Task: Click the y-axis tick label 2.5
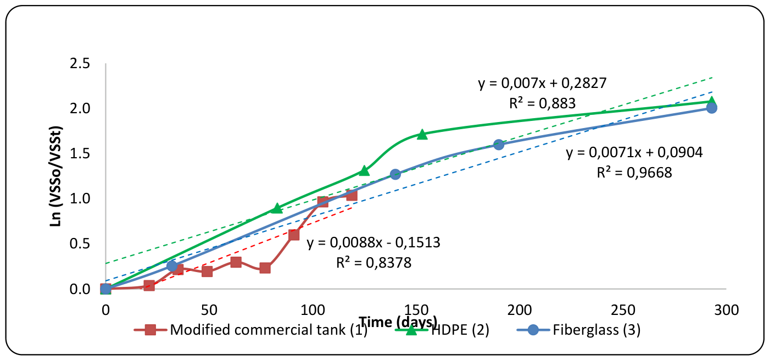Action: (x=80, y=64)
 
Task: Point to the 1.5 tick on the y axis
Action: (x=80, y=153)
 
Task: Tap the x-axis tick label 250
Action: (x=623, y=310)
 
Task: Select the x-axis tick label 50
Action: (x=209, y=310)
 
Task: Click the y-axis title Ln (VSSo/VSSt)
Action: (x=55, y=176)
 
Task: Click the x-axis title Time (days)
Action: (x=398, y=322)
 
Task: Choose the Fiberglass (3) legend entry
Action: (x=579, y=330)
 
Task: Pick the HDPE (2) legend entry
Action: (x=442, y=330)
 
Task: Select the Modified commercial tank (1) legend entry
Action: (x=251, y=330)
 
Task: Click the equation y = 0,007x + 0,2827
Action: (x=543, y=83)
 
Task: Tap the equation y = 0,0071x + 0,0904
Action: (x=634, y=152)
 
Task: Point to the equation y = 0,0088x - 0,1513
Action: (x=374, y=242)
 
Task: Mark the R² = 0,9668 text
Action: (x=634, y=173)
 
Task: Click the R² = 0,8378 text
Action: (x=374, y=263)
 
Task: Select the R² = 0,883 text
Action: (x=543, y=103)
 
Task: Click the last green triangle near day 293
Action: (x=712, y=101)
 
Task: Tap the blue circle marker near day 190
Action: (x=499, y=145)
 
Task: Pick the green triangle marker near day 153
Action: (x=422, y=135)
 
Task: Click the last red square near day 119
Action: (x=352, y=196)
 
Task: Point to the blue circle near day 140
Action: (x=395, y=174)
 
